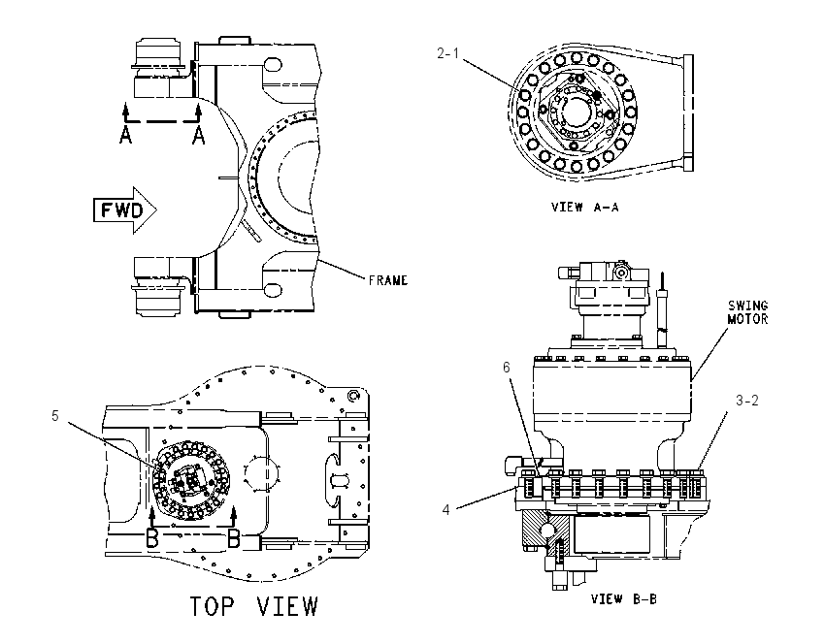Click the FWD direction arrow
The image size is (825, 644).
[x=125, y=210]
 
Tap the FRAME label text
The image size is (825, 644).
[x=388, y=280]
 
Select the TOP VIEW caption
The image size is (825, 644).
[x=253, y=605]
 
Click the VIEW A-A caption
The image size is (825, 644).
[x=584, y=208]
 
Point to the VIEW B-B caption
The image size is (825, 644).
[x=623, y=598]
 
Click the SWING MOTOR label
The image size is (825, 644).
[x=747, y=312]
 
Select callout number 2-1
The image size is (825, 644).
[x=447, y=53]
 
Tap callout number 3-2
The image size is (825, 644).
[x=747, y=400]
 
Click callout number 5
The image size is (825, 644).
[x=55, y=416]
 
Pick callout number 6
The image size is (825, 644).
[x=506, y=367]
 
